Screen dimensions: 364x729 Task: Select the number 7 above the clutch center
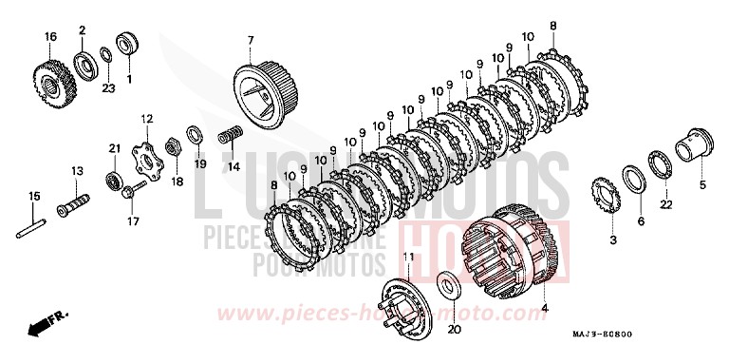click(x=251, y=40)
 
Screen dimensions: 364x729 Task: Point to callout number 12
click(x=147, y=118)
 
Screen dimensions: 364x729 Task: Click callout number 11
click(x=409, y=258)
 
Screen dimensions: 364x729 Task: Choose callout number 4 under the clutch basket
click(x=545, y=307)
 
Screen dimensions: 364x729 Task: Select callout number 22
click(x=666, y=204)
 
